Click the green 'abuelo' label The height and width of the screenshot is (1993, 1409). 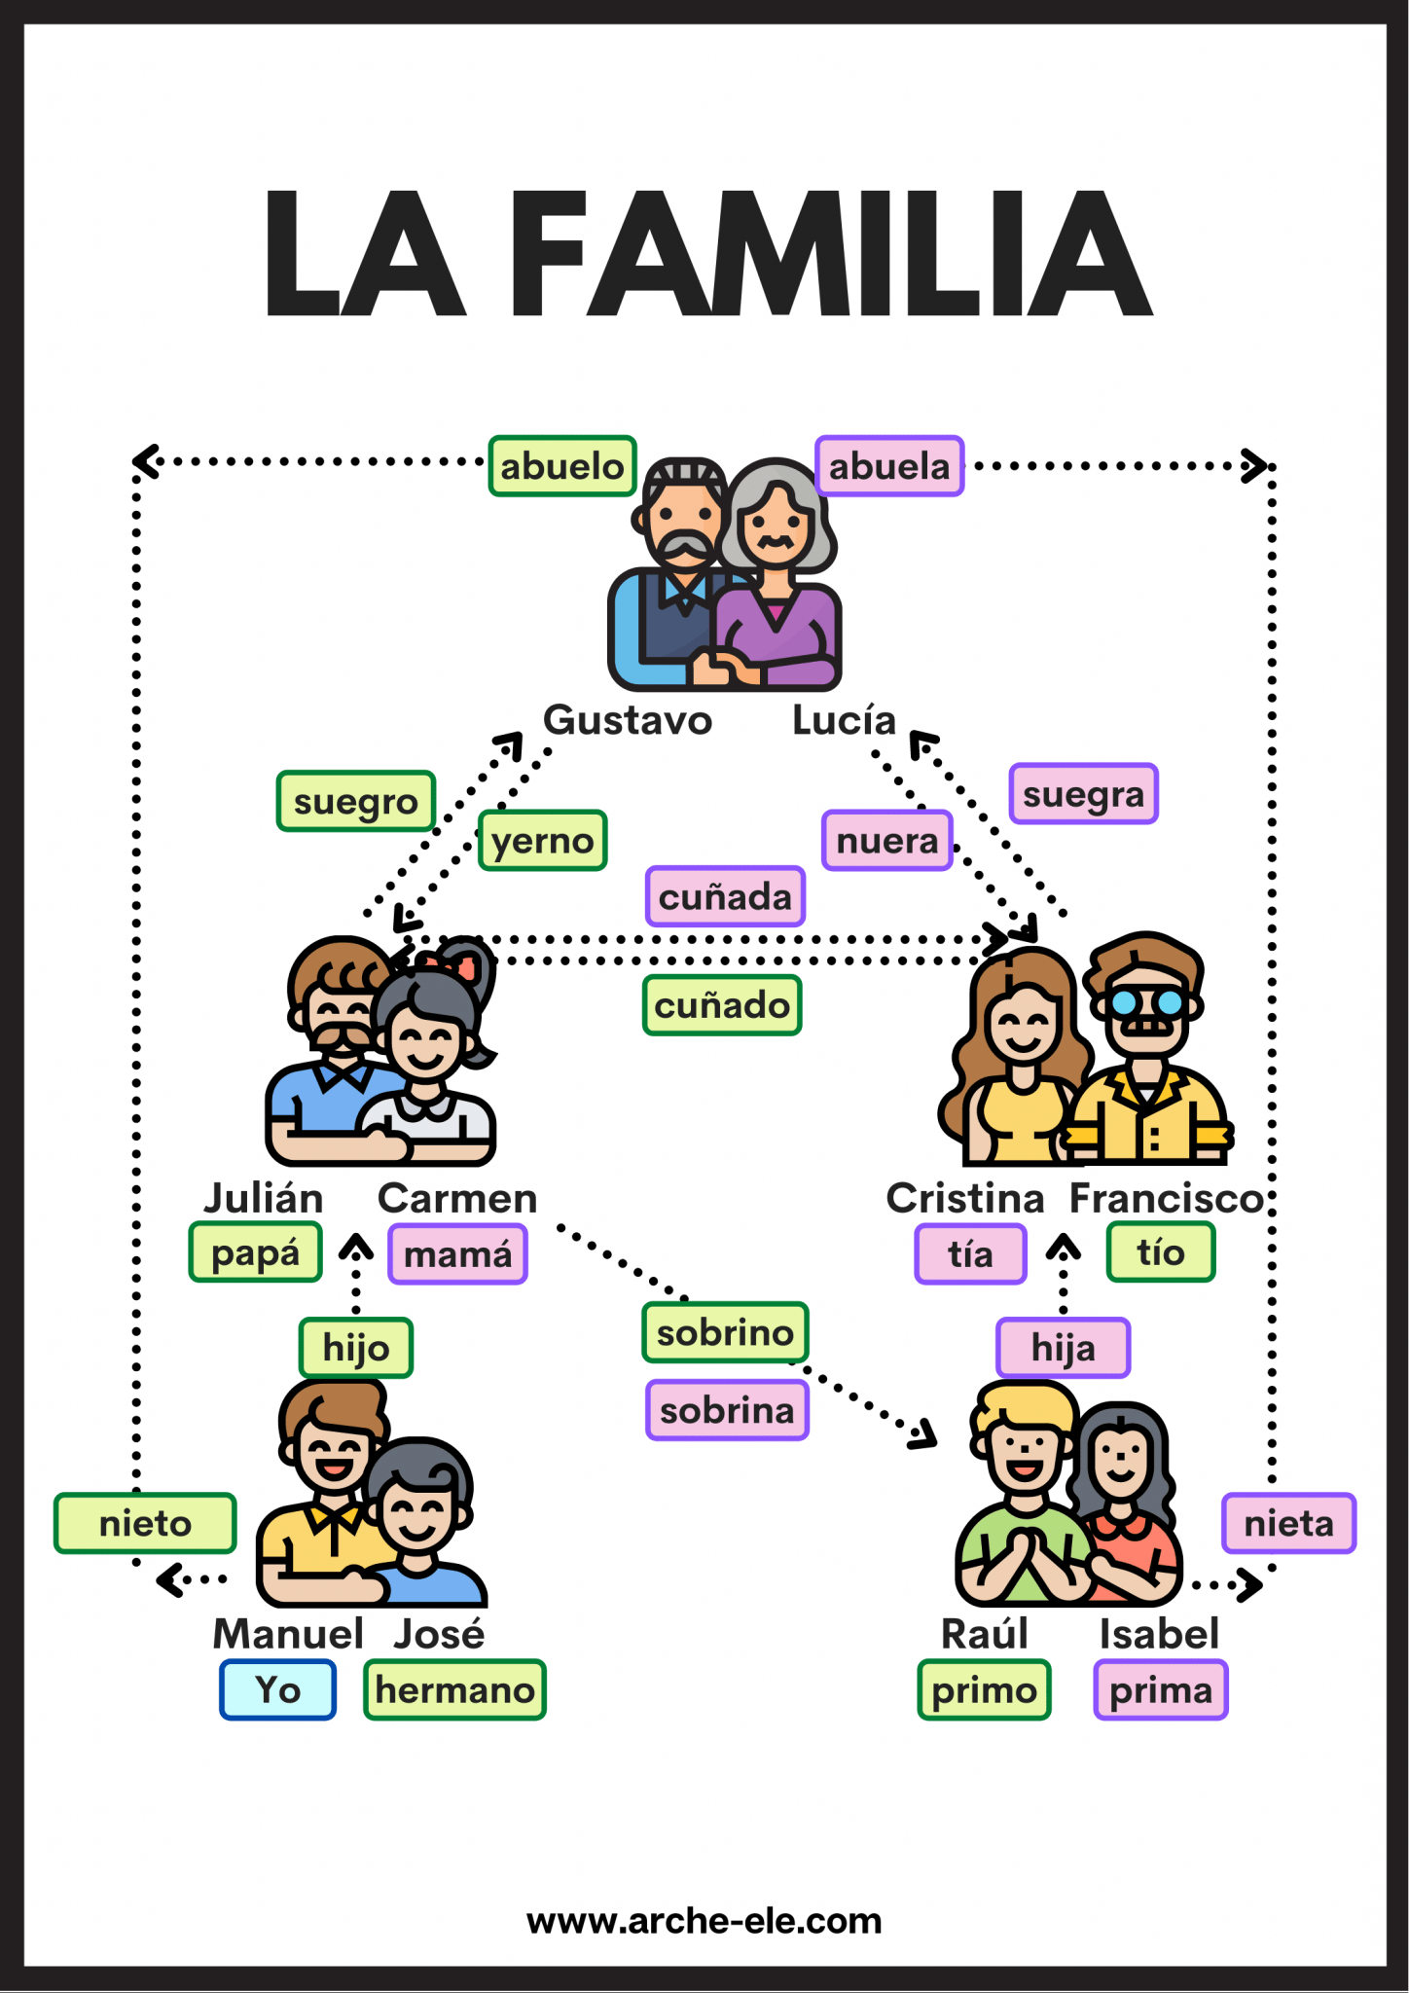(x=562, y=466)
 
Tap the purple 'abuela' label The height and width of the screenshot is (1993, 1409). (x=889, y=466)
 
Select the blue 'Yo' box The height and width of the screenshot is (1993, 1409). (x=277, y=1690)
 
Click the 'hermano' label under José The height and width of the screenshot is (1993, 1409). (x=454, y=1690)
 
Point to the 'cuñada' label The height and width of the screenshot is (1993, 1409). (x=725, y=896)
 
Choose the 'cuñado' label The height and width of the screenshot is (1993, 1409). (x=722, y=1005)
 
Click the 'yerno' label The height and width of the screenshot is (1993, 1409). (x=542, y=841)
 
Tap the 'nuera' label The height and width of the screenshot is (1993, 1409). (x=886, y=841)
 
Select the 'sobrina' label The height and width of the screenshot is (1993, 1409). (x=727, y=1410)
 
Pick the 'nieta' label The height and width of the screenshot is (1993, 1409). (x=1288, y=1523)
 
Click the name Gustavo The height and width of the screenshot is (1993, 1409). (x=628, y=720)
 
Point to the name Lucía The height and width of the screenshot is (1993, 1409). (x=844, y=720)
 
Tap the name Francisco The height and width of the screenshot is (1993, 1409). (x=1166, y=1198)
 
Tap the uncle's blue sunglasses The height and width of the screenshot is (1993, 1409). (x=1148, y=1001)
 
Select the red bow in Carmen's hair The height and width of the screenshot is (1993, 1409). (x=456, y=966)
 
